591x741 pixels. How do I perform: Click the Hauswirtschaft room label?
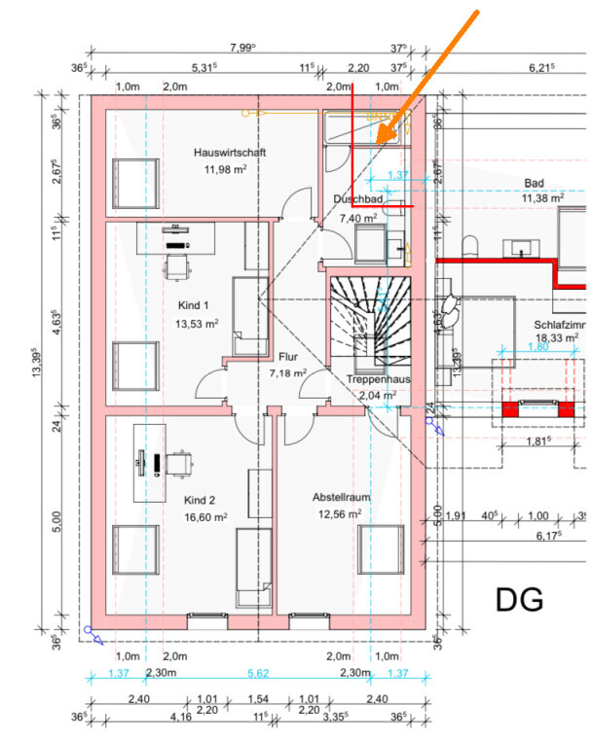pyautogui.click(x=230, y=154)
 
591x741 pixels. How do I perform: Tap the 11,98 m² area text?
pyautogui.click(x=230, y=169)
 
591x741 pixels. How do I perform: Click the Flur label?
pyautogui.click(x=287, y=357)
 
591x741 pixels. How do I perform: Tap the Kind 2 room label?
pyautogui.click(x=200, y=500)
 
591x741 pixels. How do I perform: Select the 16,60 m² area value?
pyautogui.click(x=205, y=517)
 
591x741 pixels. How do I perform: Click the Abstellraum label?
pyautogui.click(x=341, y=496)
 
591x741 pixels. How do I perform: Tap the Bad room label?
pyautogui.click(x=534, y=183)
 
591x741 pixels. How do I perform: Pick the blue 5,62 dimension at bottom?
pyautogui.click(x=259, y=673)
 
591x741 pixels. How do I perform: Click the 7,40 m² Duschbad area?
pyautogui.click(x=357, y=219)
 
